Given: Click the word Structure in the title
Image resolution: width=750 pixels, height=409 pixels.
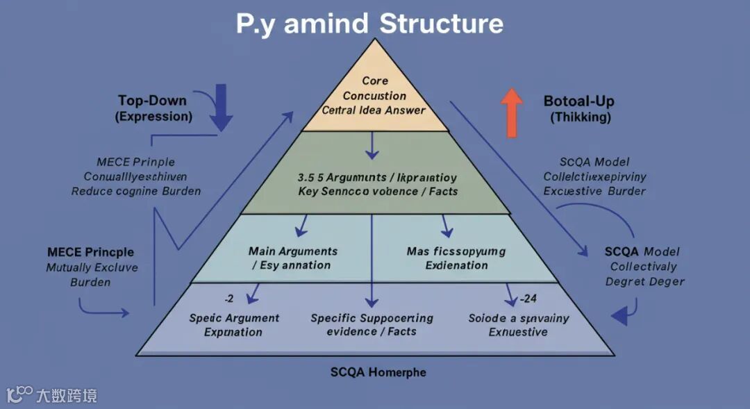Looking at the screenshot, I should tap(441, 24).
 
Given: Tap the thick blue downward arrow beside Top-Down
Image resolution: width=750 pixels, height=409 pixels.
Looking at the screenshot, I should tap(221, 106).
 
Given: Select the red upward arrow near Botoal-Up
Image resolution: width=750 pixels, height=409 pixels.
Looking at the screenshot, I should tap(511, 112).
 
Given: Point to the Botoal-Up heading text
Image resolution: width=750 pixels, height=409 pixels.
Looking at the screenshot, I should tap(578, 101).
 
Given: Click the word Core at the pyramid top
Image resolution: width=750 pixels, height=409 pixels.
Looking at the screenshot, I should tap(375, 81).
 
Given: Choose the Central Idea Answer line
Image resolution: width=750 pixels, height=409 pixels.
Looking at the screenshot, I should tap(374, 110).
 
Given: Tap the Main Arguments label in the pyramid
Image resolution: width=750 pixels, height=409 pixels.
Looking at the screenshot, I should tap(292, 251).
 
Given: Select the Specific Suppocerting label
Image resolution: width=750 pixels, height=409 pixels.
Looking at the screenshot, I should tap(372, 318).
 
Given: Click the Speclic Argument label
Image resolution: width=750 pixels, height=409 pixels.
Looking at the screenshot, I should tap(233, 318).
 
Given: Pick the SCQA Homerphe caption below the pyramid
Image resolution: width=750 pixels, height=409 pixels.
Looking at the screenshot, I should tap(378, 372).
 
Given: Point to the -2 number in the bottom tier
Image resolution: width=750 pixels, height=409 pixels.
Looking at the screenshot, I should tap(228, 299).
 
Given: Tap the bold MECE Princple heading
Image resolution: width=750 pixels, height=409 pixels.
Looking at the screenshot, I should tap(90, 251).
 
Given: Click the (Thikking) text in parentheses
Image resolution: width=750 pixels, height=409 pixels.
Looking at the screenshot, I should tap(581, 117).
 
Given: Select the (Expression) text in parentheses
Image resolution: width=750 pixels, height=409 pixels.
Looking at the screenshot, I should tap(153, 116).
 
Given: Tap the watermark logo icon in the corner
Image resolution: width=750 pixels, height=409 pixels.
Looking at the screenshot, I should tap(19, 395).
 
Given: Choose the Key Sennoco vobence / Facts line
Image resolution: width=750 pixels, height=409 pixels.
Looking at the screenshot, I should tap(378, 191).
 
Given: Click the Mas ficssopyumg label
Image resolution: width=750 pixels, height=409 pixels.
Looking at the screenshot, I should tap(456, 251).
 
